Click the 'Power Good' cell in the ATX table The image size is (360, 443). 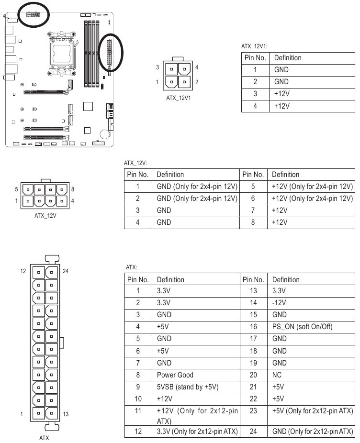point(176,375)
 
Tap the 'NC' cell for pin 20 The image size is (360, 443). point(277,363)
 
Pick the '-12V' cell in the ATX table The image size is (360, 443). point(279,303)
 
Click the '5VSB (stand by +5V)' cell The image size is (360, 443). point(185,387)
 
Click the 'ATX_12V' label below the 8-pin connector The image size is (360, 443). point(45,216)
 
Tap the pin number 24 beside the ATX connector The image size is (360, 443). point(66,271)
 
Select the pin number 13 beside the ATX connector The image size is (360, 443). point(66,414)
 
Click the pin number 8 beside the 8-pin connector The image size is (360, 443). point(72,189)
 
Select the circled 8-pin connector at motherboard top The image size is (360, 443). point(33,13)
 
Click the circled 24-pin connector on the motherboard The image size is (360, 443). point(110,52)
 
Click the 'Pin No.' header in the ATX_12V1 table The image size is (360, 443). point(255,57)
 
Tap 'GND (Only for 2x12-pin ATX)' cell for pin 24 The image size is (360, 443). point(313,432)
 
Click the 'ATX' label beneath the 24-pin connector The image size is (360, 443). point(44,437)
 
